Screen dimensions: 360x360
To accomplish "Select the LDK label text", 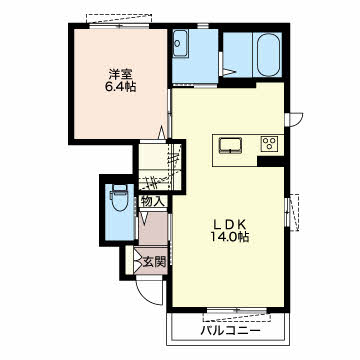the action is click(230, 224).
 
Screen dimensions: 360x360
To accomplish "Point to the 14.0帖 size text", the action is click(230, 237).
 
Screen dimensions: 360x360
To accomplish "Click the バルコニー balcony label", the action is click(230, 331).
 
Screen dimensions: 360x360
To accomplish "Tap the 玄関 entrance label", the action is click(154, 262).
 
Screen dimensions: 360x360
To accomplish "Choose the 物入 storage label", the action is click(153, 201).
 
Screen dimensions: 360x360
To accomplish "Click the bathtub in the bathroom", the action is click(268, 54).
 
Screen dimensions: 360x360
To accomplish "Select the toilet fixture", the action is click(119, 198).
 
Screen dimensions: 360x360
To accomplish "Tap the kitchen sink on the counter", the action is click(230, 145).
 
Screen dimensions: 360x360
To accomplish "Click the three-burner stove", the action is click(270, 144).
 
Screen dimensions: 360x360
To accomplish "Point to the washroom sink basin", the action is click(181, 43).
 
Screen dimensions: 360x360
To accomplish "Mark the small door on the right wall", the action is click(294, 119).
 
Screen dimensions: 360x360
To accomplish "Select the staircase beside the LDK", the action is click(160, 166).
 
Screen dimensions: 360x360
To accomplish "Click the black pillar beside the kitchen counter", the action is click(271, 161).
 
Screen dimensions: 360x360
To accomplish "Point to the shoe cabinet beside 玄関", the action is click(130, 261).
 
